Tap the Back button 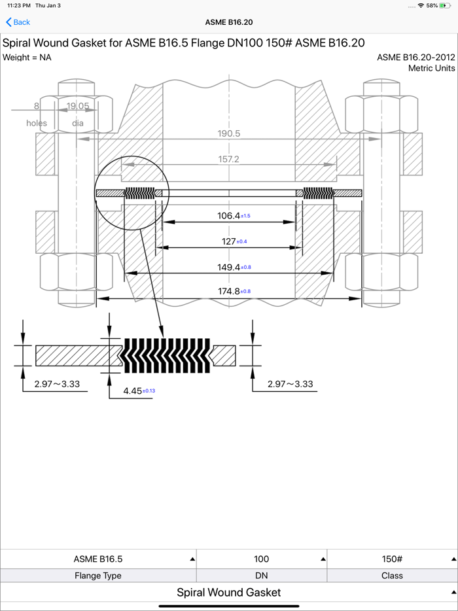click(x=18, y=22)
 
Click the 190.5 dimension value click(x=229, y=133)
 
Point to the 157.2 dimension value click(x=229, y=159)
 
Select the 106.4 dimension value click(x=228, y=215)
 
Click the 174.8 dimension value click(x=228, y=291)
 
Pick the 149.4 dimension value click(x=228, y=268)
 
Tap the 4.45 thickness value click(x=133, y=391)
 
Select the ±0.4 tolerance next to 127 click(x=241, y=241)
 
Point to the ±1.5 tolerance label click(x=245, y=215)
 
